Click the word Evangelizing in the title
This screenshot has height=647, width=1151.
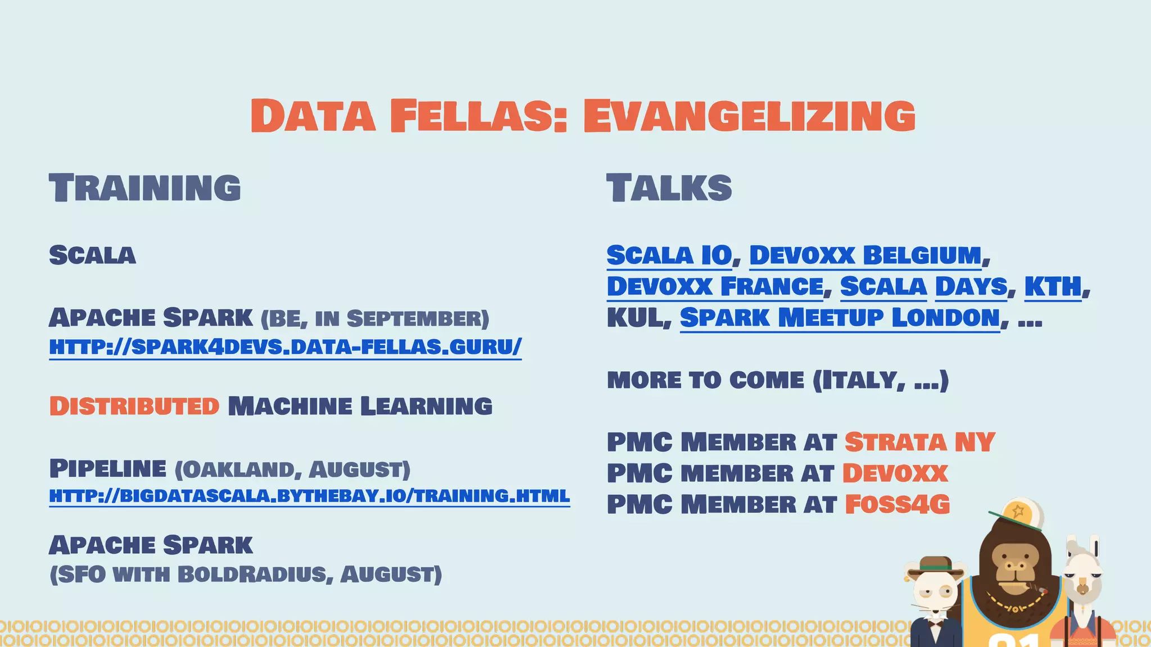pos(749,116)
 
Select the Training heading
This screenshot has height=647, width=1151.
pos(145,188)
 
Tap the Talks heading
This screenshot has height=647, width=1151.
pos(669,188)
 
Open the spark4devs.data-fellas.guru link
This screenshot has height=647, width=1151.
pos(285,347)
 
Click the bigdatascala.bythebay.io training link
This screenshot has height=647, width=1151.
pos(309,496)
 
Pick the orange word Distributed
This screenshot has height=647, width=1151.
pos(134,406)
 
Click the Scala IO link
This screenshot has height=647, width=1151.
pos(669,255)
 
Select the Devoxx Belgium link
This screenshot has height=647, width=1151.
pos(865,255)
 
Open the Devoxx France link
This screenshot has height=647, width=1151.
pos(715,286)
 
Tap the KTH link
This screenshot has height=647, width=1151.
pos(1053,286)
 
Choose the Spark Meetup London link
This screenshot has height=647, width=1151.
pos(840,318)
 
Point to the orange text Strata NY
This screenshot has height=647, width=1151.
pos(919,442)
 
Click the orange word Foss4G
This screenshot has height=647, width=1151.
pos(897,504)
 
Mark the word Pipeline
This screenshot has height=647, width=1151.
pos(108,468)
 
